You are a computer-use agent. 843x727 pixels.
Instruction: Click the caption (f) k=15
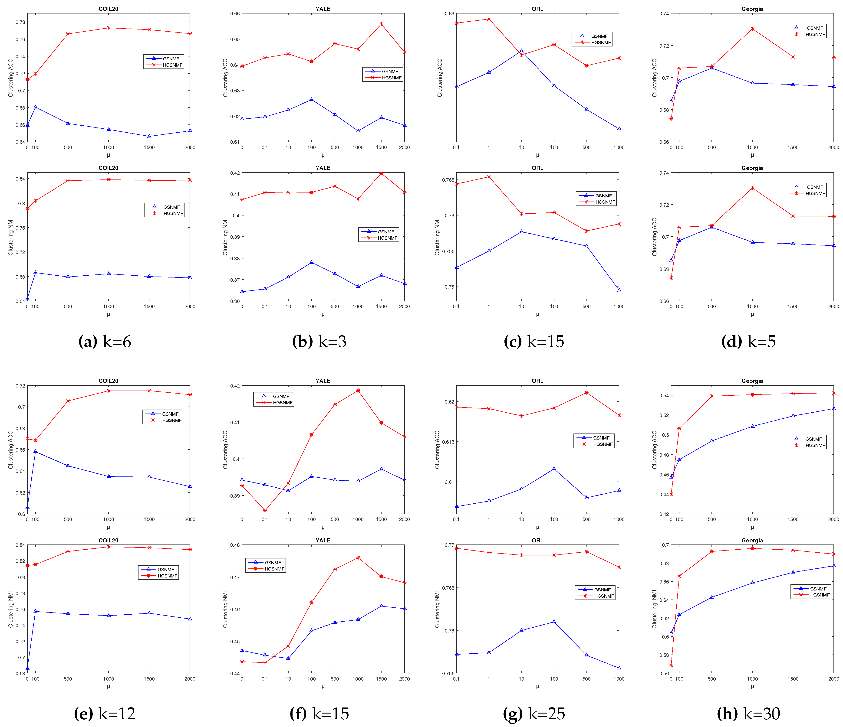[x=319, y=714]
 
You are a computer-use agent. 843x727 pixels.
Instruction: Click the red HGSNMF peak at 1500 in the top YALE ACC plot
[x=381, y=24]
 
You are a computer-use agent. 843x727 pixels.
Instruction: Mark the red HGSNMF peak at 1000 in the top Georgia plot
[x=752, y=29]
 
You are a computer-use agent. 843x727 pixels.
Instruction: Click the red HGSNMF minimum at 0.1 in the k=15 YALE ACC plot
[x=265, y=511]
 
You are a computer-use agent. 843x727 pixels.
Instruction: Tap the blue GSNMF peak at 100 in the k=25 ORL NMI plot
[x=554, y=622]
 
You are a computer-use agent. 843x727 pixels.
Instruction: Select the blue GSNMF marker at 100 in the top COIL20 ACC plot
[x=35, y=107]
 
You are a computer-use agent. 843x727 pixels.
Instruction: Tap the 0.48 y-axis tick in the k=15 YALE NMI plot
[x=234, y=545]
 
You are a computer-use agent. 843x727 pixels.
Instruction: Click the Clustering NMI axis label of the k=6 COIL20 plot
[x=11, y=237]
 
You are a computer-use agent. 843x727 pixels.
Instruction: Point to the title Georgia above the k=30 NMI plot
[x=752, y=540]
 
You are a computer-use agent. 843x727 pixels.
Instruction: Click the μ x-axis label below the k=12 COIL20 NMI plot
[x=108, y=687]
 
